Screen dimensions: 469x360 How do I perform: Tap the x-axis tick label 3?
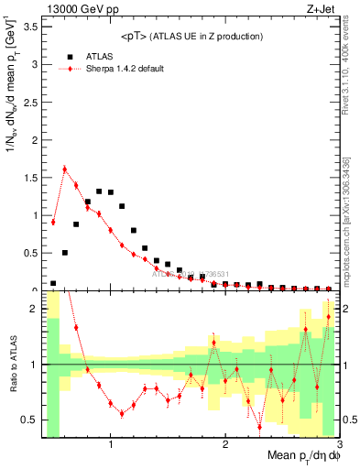coord(339,446)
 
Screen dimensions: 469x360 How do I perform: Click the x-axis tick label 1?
coord(111,446)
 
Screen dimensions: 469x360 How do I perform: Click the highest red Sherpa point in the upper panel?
coord(64,169)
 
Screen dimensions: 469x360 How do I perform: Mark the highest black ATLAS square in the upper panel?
coord(99,191)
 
